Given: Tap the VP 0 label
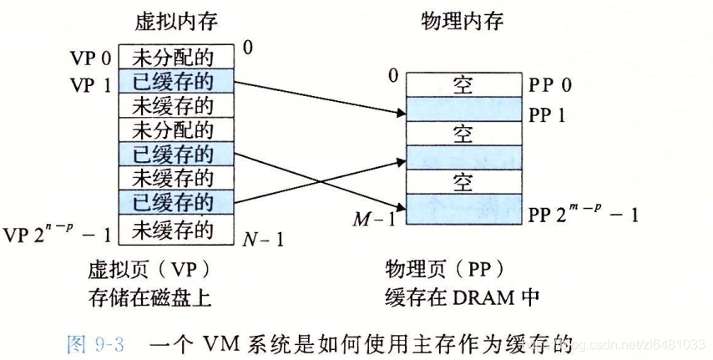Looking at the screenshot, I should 92,58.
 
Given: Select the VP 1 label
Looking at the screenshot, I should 92,83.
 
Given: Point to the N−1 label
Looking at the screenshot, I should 264,241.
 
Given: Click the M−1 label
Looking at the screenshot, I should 375,219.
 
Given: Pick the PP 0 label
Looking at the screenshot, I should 550,86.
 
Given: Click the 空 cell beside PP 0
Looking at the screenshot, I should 462,85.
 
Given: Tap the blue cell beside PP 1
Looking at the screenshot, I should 462,109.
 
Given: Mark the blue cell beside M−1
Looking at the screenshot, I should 462,205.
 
